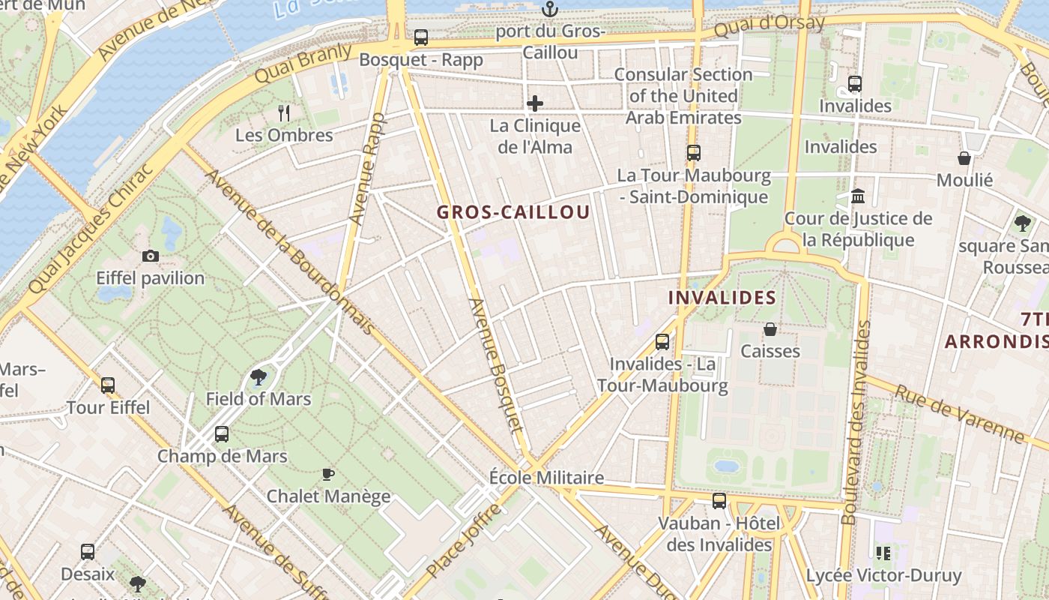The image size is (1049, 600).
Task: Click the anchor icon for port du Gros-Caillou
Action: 550,10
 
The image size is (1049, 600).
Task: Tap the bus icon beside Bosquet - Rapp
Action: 421,37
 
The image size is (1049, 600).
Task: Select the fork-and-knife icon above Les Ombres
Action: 283,113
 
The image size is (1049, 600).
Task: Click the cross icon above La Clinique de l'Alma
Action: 535,103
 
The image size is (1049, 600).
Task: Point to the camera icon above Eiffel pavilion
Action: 151,256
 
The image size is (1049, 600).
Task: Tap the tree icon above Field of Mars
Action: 259,377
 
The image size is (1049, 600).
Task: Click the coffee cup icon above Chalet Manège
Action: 327,474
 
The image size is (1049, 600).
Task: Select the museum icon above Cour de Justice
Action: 858,196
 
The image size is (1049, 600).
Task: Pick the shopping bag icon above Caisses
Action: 770,329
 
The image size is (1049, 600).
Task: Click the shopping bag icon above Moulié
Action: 964,158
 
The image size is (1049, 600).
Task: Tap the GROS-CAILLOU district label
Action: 513,212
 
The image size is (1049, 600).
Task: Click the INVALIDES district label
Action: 722,298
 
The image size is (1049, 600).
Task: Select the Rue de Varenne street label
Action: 959,413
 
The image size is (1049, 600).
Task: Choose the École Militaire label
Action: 546,478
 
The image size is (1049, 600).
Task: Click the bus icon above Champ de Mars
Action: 221,433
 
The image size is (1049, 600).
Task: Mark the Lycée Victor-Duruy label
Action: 883,576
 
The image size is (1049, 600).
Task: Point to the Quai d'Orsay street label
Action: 769,26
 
